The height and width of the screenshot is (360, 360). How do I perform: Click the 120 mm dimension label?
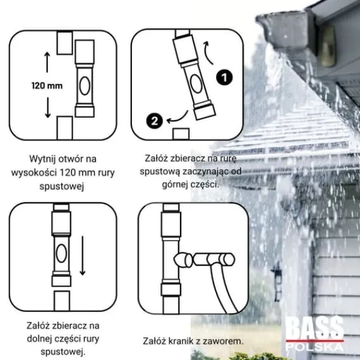point(47,86)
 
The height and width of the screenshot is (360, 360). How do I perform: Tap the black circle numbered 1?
point(224,77)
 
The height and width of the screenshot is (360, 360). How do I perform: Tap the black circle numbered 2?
point(155,121)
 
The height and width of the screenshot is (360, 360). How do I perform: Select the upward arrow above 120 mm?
point(47,62)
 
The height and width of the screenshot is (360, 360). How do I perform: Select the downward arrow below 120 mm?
point(47,107)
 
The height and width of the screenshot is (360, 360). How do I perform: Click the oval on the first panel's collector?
point(85,86)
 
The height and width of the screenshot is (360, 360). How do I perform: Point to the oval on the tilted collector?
point(197,84)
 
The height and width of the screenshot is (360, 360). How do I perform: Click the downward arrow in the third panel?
point(82,256)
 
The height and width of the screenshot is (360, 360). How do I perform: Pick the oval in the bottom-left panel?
point(61,253)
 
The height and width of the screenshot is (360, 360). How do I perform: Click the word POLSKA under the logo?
point(314,347)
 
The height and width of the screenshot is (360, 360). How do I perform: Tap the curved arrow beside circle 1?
point(208,52)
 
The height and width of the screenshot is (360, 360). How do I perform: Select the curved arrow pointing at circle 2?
point(177,118)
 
